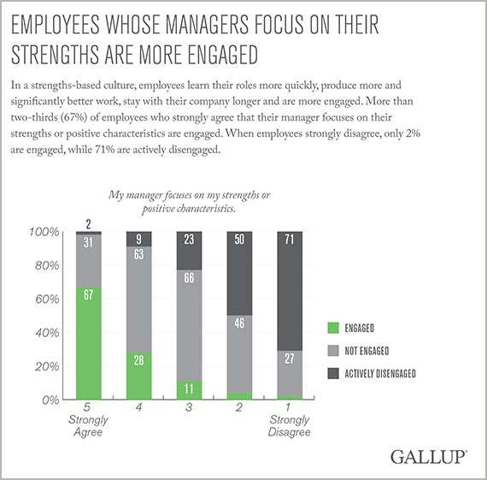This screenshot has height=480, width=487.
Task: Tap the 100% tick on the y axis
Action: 44,233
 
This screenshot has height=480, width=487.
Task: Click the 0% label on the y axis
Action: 50,400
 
